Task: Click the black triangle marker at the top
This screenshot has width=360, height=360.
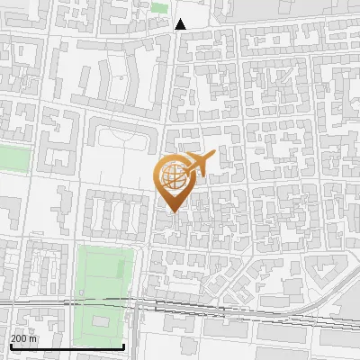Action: pos(181,24)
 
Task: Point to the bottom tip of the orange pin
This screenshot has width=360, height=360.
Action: pos(174,211)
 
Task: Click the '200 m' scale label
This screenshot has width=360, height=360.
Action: pos(23,337)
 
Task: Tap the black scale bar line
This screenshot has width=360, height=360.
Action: pos(67,346)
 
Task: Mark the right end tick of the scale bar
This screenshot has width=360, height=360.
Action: pos(124,346)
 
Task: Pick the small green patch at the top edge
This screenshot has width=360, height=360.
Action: pos(160,7)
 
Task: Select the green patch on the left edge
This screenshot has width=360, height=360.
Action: pos(13,158)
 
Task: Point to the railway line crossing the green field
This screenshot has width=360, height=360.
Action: pos(99,304)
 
